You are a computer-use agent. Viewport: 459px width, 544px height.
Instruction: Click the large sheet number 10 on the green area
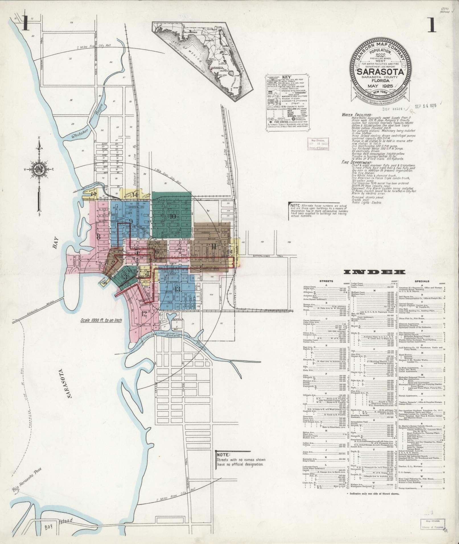[x=173, y=216]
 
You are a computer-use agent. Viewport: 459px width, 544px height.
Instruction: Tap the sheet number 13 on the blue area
[x=178, y=289]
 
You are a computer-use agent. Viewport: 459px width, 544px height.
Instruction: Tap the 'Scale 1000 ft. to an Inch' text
[x=101, y=320]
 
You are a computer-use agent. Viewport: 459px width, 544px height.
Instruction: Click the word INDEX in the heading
[x=374, y=272]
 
